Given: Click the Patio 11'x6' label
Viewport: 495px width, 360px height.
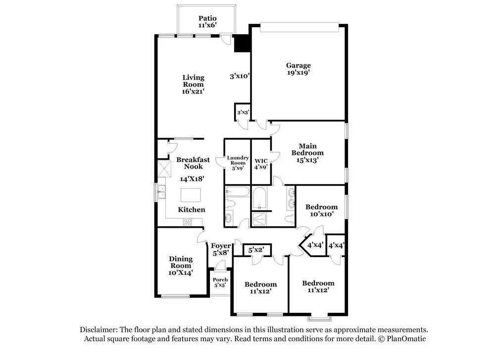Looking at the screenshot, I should (207, 22).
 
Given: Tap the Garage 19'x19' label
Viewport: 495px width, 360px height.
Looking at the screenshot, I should (298, 69).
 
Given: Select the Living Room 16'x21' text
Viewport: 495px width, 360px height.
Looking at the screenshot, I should (193, 84).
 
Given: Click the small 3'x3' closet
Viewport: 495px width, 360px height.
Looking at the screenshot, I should (242, 112).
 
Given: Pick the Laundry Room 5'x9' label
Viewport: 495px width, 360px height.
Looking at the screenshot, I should (238, 162).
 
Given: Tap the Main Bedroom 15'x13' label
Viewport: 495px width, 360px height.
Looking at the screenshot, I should (311, 153).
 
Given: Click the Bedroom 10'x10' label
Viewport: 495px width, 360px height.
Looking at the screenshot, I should (321, 210).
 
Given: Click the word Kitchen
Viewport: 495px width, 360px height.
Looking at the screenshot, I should (192, 209).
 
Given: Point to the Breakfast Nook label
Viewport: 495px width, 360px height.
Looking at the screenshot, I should (193, 163).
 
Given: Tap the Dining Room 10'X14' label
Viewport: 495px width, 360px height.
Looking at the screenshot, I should (180, 265).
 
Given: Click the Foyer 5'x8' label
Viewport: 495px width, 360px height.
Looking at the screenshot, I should (221, 249).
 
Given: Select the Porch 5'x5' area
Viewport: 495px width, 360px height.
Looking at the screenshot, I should (220, 283).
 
